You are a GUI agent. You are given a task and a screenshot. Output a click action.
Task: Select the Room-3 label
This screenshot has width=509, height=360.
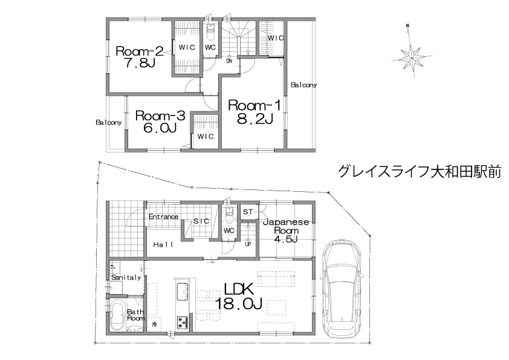160,116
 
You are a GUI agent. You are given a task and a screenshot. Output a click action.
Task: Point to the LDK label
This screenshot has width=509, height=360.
239,289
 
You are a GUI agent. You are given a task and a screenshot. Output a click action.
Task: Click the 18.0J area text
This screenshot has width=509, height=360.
239,304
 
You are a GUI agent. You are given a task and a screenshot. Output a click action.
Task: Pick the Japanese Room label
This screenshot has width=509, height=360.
286,226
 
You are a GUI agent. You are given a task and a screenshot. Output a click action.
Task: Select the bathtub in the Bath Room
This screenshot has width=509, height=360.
117,315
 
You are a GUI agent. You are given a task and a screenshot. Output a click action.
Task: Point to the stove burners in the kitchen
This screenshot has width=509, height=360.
183,322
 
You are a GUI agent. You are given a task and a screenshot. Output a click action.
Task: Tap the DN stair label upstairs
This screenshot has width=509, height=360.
229,61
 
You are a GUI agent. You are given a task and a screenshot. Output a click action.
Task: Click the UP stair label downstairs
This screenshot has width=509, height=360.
248,244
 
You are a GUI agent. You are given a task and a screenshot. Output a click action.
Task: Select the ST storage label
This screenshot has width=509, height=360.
248,212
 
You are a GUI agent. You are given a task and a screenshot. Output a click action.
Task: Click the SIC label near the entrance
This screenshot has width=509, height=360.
201,221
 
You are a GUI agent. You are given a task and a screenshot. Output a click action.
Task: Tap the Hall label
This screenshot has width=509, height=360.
163,244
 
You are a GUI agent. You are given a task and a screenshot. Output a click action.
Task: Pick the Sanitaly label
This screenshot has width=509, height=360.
126,277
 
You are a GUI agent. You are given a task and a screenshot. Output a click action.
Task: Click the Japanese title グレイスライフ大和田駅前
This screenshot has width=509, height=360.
420,172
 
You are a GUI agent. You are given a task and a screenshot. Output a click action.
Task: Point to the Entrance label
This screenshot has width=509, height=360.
164,217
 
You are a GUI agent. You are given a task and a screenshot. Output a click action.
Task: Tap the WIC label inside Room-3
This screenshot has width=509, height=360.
206,136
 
